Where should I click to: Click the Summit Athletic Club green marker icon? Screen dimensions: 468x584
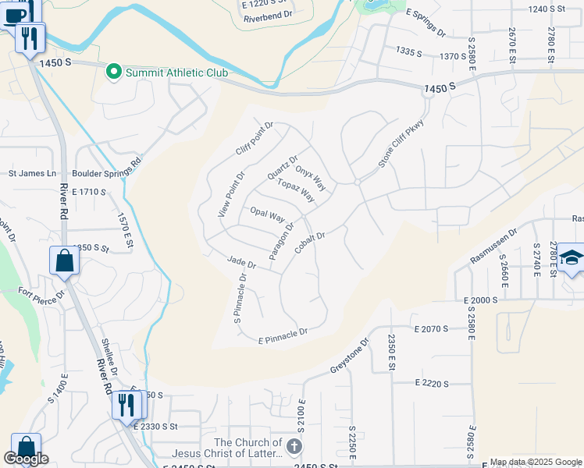113,73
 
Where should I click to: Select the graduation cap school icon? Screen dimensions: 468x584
571,258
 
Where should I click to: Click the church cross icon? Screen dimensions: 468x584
294,447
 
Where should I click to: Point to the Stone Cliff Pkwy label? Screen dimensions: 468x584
394,146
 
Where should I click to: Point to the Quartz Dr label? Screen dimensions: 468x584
283,168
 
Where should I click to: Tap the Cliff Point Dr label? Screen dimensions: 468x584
255,138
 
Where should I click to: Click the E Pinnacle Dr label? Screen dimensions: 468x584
283,335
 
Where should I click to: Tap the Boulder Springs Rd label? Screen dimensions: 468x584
106,172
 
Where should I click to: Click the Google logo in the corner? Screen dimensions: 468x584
26,459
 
